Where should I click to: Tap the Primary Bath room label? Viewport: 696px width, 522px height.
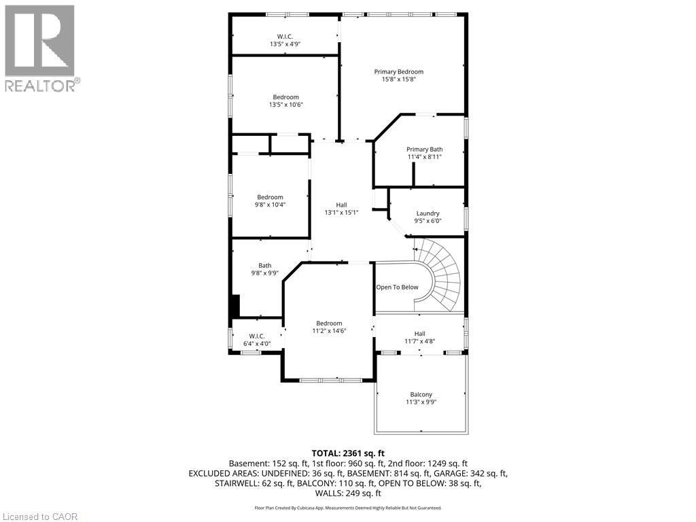[x=425, y=153]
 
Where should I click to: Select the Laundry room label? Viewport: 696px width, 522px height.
[x=428, y=217]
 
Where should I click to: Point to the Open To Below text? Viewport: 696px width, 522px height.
[x=398, y=287]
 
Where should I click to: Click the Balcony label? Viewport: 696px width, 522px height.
[x=421, y=398]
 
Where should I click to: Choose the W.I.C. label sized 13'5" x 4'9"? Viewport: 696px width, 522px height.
[x=285, y=40]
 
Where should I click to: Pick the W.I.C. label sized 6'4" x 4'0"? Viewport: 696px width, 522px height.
[x=256, y=340]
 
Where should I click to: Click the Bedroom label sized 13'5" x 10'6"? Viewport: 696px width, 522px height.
[x=285, y=101]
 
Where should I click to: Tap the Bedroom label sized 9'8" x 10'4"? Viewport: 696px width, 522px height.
[x=270, y=201]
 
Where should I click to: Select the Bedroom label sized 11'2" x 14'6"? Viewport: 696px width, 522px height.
[x=329, y=327]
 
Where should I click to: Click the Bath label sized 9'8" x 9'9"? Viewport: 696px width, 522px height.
[x=265, y=269]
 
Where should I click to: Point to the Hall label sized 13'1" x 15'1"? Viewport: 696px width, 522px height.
[x=341, y=208]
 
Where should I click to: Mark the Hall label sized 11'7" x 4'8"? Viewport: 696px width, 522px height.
[x=419, y=337]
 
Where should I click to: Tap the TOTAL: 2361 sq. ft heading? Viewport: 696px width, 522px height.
[x=348, y=453]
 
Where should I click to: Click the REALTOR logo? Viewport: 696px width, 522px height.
[x=41, y=48]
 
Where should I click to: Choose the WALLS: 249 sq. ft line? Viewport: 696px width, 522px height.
[x=348, y=493]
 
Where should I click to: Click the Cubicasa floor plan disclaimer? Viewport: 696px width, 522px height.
[x=348, y=508]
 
